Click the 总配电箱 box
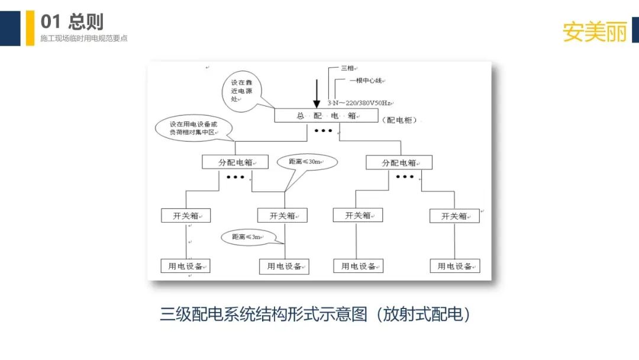pos(326,115)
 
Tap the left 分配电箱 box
pos(227,162)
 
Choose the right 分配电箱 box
pos(399,162)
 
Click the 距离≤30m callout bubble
pos(304,162)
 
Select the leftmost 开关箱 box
pos(185,216)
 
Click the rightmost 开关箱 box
pos(454,216)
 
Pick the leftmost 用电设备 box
pos(185,266)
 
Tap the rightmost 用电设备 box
pos(454,266)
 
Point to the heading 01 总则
pos(72,22)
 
